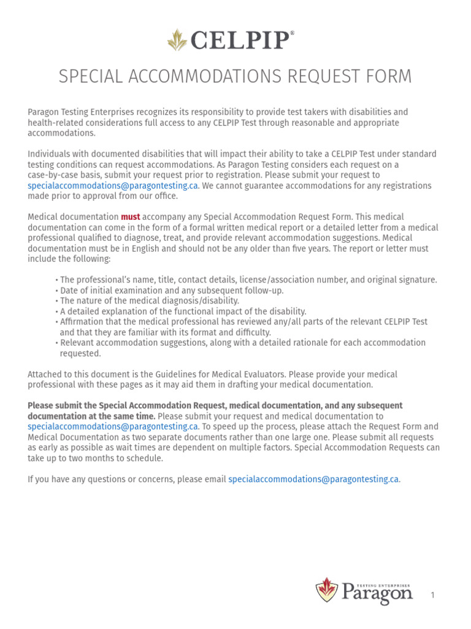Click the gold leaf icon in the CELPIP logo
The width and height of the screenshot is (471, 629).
[177, 40]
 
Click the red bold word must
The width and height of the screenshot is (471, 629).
[131, 217]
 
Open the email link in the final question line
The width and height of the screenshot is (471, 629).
[314, 479]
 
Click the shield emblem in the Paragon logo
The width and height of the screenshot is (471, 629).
[327, 590]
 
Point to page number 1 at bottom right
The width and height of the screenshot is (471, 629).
[432, 595]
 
